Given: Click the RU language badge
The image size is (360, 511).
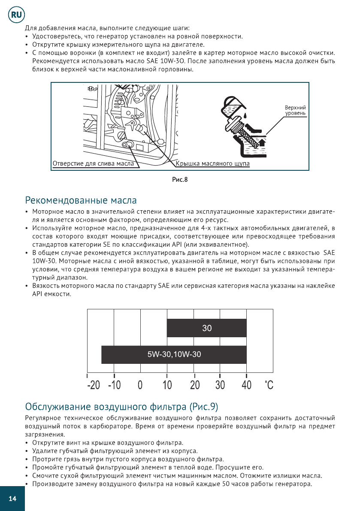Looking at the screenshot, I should [16, 15].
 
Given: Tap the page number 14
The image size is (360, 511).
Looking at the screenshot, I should [12, 499].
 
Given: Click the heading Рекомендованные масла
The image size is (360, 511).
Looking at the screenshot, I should [81, 200].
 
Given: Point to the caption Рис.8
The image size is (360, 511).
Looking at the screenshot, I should [180, 179].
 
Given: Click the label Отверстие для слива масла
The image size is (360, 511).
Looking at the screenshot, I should [93, 164].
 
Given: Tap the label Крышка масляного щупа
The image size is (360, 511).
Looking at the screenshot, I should [213, 164].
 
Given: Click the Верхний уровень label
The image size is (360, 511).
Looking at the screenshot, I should [295, 110].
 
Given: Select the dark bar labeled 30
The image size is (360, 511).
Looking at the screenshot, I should [206, 328].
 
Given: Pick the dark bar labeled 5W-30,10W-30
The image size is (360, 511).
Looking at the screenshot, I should [174, 354].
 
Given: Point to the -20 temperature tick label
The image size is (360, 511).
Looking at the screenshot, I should [93, 385].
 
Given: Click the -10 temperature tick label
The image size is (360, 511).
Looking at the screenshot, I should [115, 385].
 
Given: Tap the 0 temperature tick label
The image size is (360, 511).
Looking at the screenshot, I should [140, 385].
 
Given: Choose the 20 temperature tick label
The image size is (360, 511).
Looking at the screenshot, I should [195, 385].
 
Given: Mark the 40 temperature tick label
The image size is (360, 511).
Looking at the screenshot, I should [246, 385].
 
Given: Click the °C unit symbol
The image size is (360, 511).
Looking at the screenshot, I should [269, 385].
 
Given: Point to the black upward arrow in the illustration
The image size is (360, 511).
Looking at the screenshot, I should [262, 142].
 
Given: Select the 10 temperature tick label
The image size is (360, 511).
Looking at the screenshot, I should [166, 385].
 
